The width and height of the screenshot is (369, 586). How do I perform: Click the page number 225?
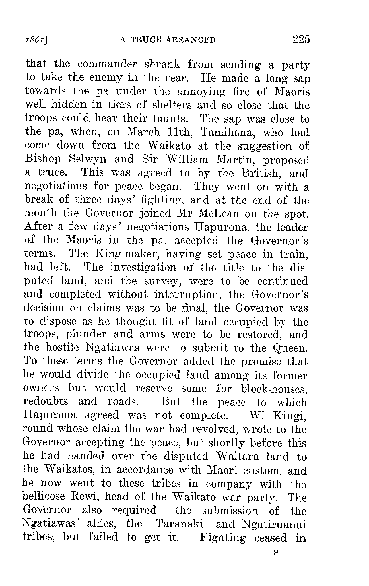[x=301, y=39]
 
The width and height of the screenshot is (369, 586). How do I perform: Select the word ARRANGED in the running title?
[x=190, y=40]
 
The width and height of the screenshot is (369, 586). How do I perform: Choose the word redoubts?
[x=45, y=401]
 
